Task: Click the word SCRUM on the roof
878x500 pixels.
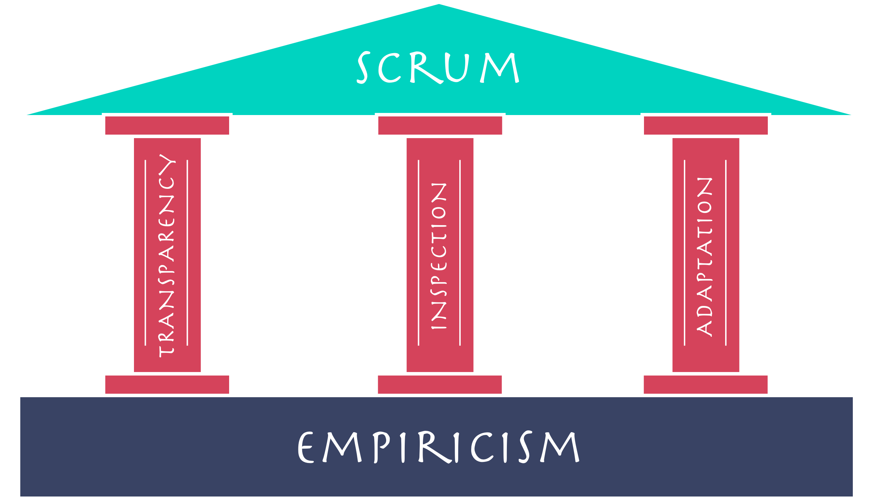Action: [x=438, y=68]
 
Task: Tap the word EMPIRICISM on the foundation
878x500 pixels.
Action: [x=438, y=448]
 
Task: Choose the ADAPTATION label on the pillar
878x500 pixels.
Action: [x=705, y=257]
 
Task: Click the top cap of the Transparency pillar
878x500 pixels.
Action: [x=167, y=126]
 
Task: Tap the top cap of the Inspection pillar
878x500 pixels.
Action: [x=440, y=126]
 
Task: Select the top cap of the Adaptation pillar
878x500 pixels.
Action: [x=706, y=126]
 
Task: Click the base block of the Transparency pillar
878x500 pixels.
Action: [x=167, y=384]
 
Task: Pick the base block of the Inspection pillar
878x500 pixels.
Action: [x=440, y=384]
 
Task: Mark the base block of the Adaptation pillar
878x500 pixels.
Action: [x=706, y=384]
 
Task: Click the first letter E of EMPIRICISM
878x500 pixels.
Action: [x=305, y=448]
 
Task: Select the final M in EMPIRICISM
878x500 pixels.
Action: [x=560, y=448]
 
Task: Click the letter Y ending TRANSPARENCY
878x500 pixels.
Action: [x=167, y=164]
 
